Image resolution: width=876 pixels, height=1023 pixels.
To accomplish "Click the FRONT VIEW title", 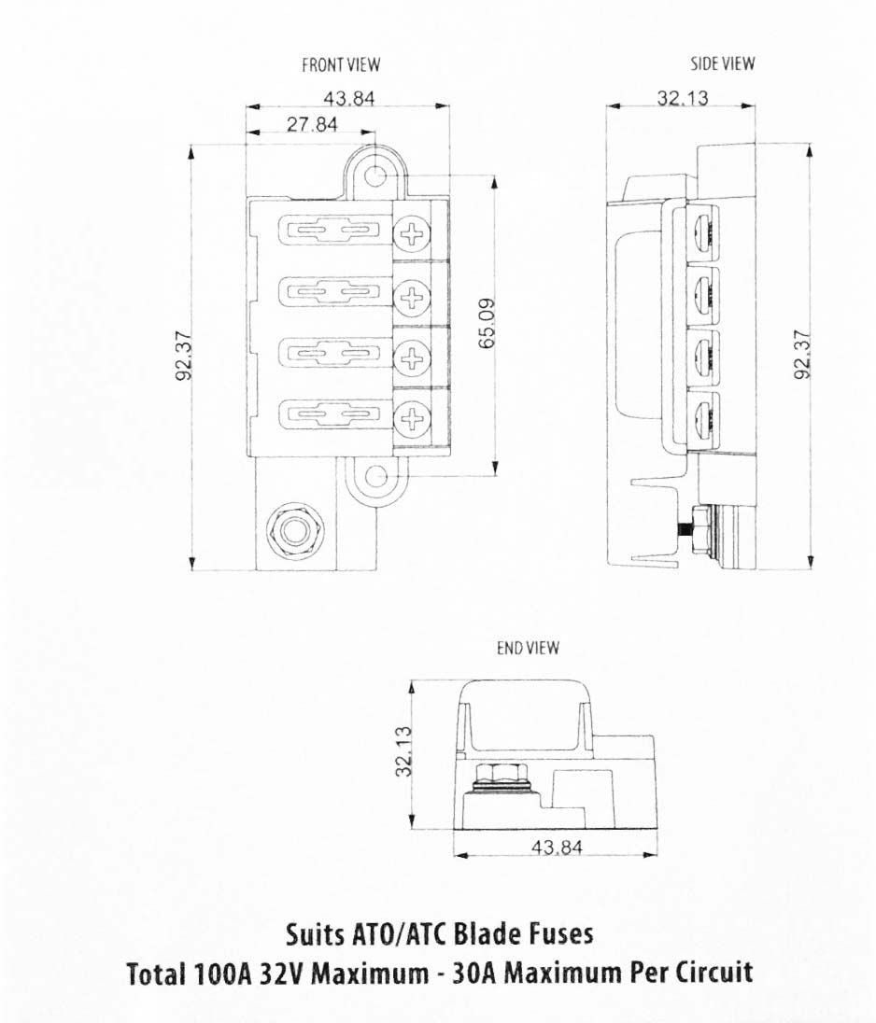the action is (x=341, y=64).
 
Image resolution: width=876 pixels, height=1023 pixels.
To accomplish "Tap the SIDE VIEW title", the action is (x=723, y=63).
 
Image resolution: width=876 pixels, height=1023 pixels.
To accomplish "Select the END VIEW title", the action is (x=528, y=648).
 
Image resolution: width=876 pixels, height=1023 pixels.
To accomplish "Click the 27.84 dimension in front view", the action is (x=313, y=124).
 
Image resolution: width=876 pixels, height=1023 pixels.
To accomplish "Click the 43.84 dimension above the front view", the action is (x=349, y=99).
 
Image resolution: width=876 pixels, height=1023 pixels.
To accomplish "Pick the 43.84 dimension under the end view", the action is (x=557, y=848).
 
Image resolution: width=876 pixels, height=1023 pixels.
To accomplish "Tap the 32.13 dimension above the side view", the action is (x=683, y=98).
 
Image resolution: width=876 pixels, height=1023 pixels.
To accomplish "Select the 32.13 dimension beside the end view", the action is (x=404, y=751).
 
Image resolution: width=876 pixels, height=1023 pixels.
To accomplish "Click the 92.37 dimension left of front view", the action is (x=184, y=356).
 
